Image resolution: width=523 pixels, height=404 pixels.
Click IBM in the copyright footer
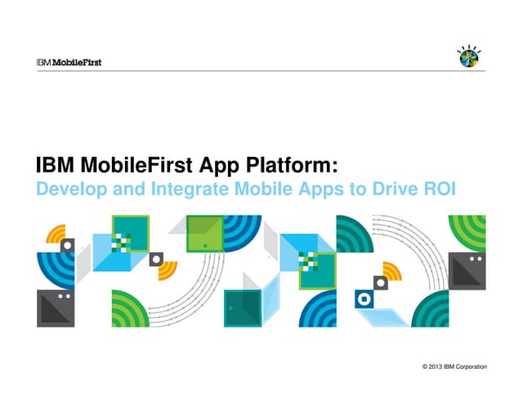click(450, 367)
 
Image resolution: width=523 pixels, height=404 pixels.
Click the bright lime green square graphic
click(204, 233)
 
